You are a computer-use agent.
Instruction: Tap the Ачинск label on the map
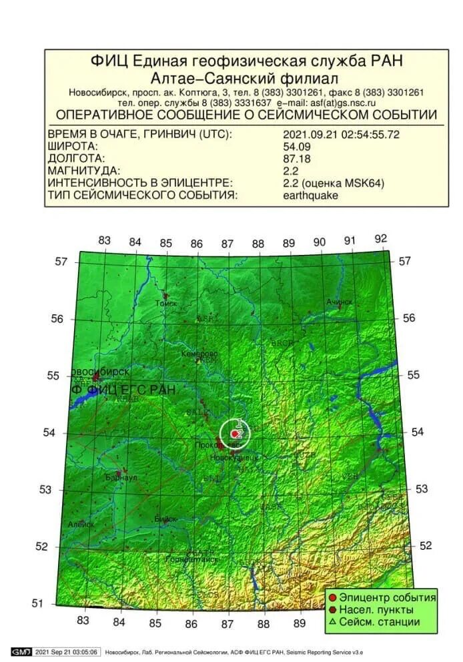tap(339, 302)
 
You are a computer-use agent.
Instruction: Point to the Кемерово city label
tap(200, 353)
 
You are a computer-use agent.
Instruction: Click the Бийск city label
tap(165, 519)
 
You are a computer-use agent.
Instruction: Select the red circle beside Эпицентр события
tap(332, 597)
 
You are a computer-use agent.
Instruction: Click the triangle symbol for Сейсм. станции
tap(332, 622)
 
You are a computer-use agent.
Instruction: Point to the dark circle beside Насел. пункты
tap(332, 609)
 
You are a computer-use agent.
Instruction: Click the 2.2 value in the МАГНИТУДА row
tap(291, 171)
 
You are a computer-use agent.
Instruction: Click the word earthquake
tap(310, 196)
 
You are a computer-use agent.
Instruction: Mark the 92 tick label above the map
tap(381, 239)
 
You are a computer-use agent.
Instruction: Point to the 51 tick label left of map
tap(38, 603)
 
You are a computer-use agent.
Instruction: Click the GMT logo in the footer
tap(21, 651)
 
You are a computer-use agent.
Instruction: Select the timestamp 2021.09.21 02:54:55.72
tap(341, 133)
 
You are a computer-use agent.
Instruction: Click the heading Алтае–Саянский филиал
tap(246, 77)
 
